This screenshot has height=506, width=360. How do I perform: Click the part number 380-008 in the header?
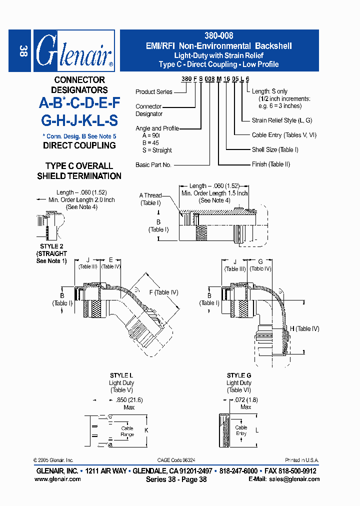point(219,36)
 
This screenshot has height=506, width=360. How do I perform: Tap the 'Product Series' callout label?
point(153,92)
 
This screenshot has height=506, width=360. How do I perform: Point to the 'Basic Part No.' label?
point(153,164)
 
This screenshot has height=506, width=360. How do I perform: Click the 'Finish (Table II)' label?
point(270,164)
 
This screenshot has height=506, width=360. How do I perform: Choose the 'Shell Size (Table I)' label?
point(275,149)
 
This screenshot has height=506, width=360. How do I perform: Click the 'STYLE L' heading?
point(121,375)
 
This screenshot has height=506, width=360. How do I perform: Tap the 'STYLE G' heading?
point(239,375)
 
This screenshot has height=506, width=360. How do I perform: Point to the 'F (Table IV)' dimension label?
point(163,292)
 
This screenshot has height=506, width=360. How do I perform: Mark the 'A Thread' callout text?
point(150,195)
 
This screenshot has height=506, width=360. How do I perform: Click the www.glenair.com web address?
point(57,479)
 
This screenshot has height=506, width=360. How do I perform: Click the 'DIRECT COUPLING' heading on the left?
point(79,145)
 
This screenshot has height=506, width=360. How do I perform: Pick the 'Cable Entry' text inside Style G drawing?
point(241,430)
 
